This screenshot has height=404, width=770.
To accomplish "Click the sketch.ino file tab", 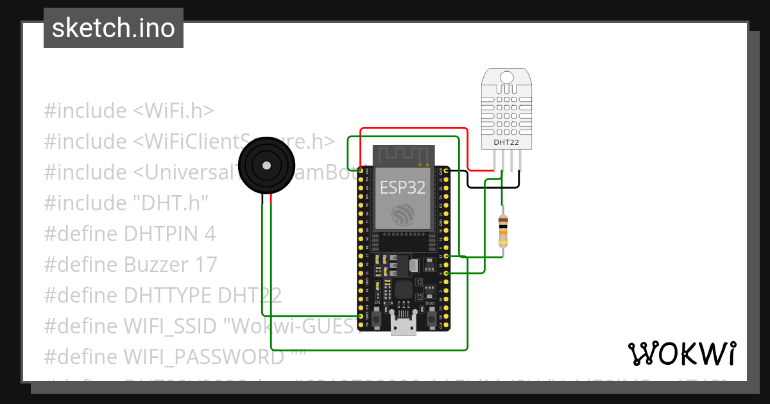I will (114, 28).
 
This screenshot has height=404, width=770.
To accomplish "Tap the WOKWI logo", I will (681, 353).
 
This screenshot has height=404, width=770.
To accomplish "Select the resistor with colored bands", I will (504, 231).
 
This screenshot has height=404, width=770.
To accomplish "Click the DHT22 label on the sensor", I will (506, 142).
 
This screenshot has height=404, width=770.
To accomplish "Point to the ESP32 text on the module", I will (402, 187).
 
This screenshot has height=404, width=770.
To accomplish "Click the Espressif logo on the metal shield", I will (403, 213).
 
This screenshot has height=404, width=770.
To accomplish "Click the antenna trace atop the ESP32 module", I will (402, 155).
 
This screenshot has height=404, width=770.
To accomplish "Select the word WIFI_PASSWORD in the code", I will (203, 357).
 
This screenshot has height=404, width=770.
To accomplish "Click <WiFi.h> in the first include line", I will (173, 110).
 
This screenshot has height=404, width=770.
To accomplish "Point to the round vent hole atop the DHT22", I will (506, 78).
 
